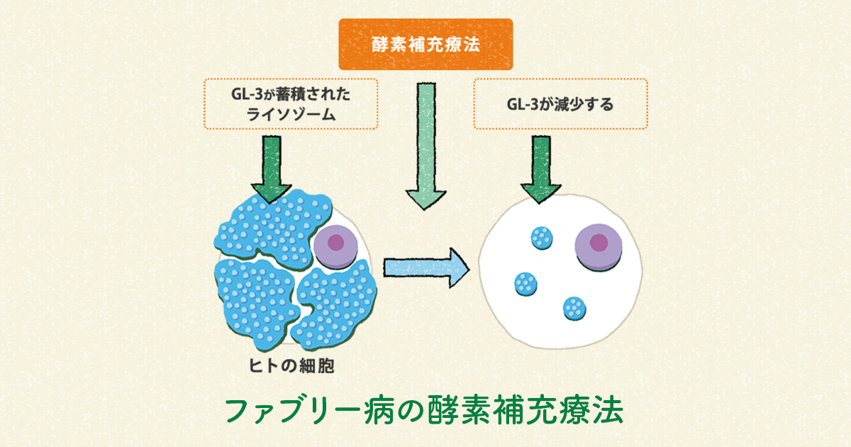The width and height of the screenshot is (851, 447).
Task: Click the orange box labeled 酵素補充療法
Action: point(425,44)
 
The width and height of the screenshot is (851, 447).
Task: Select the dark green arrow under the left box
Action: point(272,167)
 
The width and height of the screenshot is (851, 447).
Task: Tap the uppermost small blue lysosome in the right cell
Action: point(543,237)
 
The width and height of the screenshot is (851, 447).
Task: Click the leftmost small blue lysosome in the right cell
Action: point(525,284)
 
